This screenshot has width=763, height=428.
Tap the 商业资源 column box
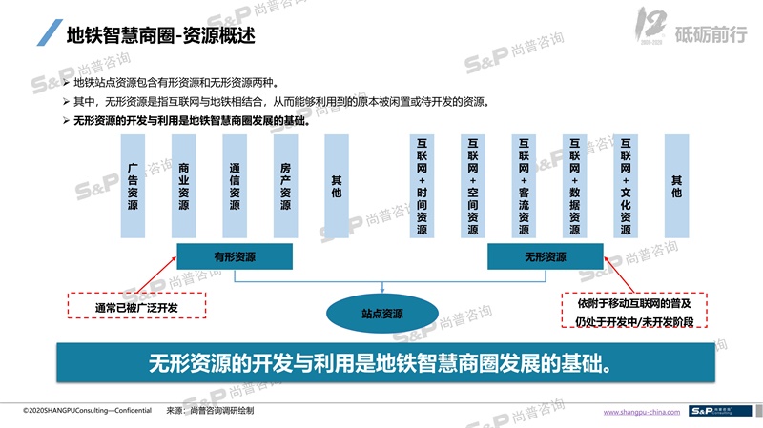(183, 186)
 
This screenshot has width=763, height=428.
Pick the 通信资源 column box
(235, 186)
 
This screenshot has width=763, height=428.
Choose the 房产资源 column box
(285, 186)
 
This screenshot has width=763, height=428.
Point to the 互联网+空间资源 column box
(473, 186)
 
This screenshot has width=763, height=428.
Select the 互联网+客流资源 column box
(524, 186)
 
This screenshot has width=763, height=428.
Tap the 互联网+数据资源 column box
(574, 186)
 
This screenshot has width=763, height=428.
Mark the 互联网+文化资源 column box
(626, 186)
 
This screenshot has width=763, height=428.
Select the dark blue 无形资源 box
(545, 256)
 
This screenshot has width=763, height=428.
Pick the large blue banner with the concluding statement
(381, 363)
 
